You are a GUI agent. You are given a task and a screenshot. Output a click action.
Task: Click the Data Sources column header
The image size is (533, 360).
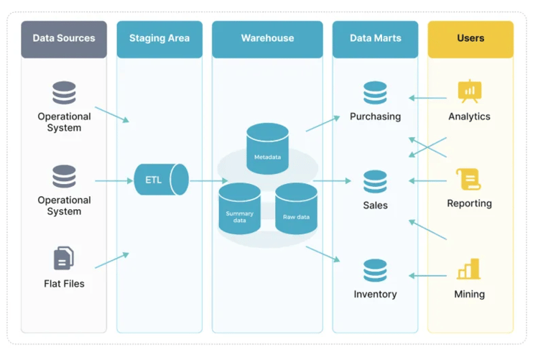pos(64,39)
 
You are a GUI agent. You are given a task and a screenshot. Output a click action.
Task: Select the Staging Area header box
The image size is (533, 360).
pos(159,39)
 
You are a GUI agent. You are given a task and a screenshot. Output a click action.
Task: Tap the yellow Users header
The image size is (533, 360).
pos(471,39)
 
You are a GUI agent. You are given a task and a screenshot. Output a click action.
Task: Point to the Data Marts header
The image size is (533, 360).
pos(375,39)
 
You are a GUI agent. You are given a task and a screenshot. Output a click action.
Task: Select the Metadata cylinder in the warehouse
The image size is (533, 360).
pos(267,149)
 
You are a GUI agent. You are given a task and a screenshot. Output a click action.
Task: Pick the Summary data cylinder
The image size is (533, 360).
pos(239,209)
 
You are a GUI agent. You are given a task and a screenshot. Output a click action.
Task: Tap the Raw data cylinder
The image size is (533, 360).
pos(296,209)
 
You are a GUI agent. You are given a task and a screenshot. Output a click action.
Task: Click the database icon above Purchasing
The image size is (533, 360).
pos(375,93)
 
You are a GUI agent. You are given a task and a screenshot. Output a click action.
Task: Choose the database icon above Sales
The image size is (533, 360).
pos(375,182)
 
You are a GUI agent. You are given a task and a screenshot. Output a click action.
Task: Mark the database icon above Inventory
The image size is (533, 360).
pos(375,271)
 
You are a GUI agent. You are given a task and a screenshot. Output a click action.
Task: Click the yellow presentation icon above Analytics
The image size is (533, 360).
pos(470,91)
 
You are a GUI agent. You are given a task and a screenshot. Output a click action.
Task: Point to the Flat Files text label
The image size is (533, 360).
pos(64,284)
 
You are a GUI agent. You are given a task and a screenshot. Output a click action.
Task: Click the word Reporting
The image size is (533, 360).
pos(469,203)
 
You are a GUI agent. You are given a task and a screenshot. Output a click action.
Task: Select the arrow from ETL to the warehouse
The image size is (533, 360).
pos(208,180)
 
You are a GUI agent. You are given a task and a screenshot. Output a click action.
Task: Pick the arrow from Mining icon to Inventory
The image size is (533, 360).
pos(428,275)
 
